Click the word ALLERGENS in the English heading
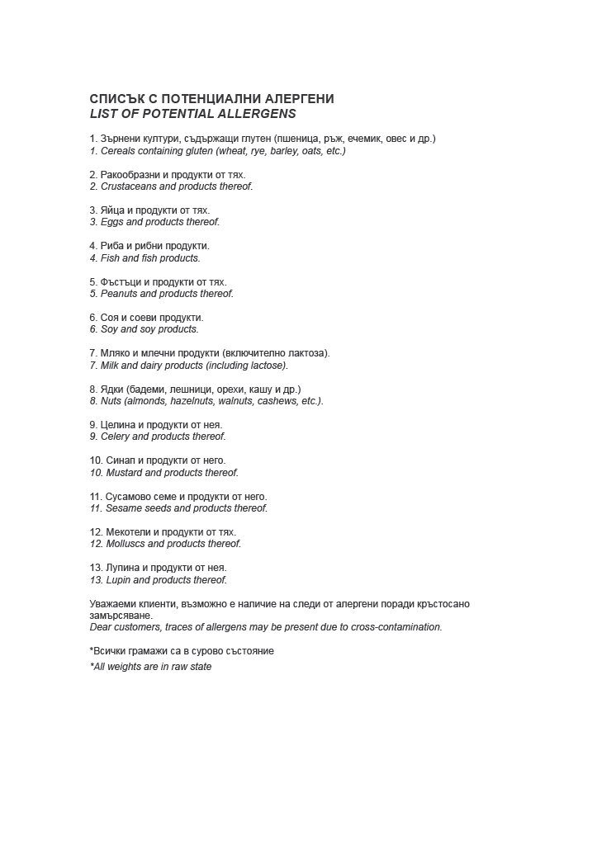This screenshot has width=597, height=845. (x=258, y=113)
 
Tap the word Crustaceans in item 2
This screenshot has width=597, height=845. (x=128, y=186)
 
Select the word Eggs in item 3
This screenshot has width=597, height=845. (x=111, y=222)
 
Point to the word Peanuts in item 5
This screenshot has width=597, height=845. (x=120, y=294)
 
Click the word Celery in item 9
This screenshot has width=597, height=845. (x=115, y=437)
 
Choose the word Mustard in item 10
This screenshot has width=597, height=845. (x=123, y=473)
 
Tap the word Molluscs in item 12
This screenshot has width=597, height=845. (x=125, y=544)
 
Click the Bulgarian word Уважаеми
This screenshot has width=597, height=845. (x=113, y=604)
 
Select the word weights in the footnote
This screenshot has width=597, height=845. (x=129, y=667)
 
